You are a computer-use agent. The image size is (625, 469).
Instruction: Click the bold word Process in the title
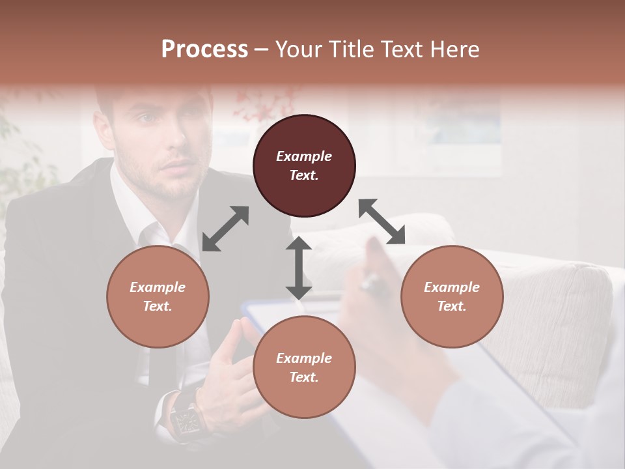(x=204, y=49)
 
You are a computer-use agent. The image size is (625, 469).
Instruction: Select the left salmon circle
(x=158, y=296)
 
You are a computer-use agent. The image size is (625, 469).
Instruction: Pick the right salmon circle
(x=452, y=296)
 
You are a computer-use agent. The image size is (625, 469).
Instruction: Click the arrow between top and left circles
(x=225, y=229)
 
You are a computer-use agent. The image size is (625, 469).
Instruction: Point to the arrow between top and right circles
(x=382, y=221)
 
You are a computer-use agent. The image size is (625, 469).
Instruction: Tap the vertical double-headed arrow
(x=299, y=268)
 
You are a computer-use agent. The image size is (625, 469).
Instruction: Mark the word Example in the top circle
(x=304, y=156)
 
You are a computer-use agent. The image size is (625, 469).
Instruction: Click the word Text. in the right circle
(x=452, y=306)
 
